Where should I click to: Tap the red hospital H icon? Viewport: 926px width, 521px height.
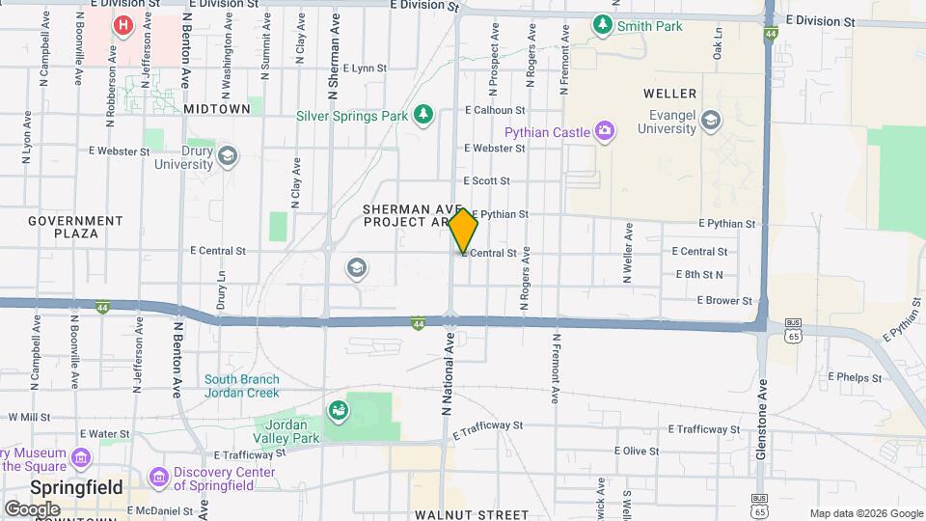point(123,24)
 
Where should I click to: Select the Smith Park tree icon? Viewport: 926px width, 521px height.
point(604,23)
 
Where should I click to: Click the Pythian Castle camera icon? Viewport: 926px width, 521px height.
point(605,130)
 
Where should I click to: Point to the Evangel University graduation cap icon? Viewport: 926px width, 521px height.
point(711,120)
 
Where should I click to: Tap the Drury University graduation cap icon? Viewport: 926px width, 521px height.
point(228,156)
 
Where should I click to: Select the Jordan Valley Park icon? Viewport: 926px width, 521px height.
point(339,412)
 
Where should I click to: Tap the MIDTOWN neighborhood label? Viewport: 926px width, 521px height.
point(217,109)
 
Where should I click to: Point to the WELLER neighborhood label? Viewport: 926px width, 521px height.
point(668,94)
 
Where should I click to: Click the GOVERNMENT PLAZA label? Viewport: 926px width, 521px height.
point(75,227)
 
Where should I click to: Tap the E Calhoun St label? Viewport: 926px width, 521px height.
point(494,111)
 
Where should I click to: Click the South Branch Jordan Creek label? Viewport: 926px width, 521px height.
point(241,386)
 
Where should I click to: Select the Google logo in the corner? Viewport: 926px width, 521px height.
point(32,508)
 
